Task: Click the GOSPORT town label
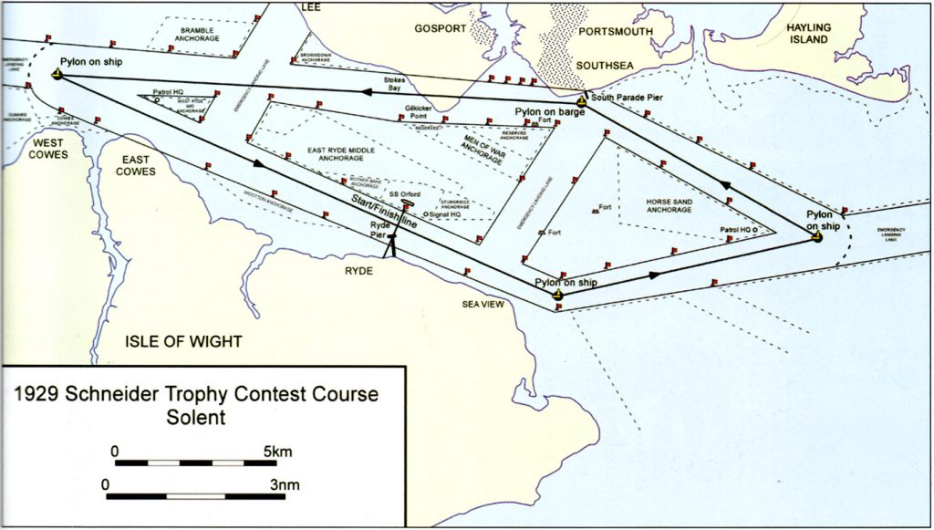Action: pyautogui.click(x=441, y=28)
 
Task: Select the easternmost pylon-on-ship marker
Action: pyautogui.click(x=817, y=237)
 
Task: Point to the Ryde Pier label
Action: pyautogui.click(x=379, y=229)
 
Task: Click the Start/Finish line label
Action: pyautogui.click(x=379, y=211)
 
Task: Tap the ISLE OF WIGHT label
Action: pyautogui.click(x=183, y=342)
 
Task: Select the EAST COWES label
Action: pyautogui.click(x=136, y=165)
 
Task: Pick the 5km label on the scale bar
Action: pyautogui.click(x=278, y=451)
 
